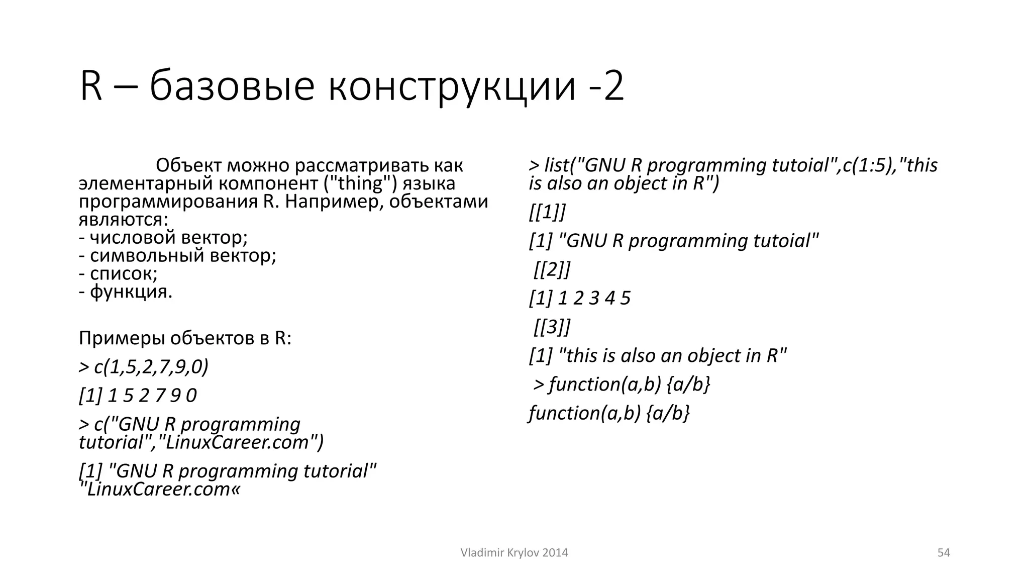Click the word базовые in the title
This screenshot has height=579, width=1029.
[x=232, y=86]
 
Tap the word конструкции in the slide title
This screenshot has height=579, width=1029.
[x=452, y=86]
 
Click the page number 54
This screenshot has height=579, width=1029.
[x=944, y=553]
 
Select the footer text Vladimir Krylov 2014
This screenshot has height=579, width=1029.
[x=514, y=553]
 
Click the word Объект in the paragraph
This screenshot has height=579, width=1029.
[x=188, y=165]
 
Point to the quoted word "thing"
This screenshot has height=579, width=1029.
[x=360, y=183]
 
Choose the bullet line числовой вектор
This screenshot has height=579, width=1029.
[x=163, y=237]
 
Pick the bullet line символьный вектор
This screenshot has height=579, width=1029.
[x=177, y=255]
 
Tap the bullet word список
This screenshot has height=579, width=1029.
[x=123, y=273]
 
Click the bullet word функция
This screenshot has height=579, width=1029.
[x=131, y=292]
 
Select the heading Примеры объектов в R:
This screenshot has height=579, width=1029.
[x=185, y=338]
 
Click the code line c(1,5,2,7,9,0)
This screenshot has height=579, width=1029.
[x=144, y=367]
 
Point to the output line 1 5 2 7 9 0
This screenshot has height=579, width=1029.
[x=138, y=396]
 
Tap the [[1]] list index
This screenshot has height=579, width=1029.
[x=547, y=212]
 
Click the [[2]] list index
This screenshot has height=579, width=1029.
[x=552, y=269]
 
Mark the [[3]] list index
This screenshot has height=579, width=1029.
[x=552, y=327]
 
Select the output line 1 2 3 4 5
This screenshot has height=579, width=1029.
[x=580, y=298]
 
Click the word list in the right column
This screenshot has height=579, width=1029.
[x=557, y=165]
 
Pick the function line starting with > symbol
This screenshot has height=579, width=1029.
[x=622, y=384]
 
